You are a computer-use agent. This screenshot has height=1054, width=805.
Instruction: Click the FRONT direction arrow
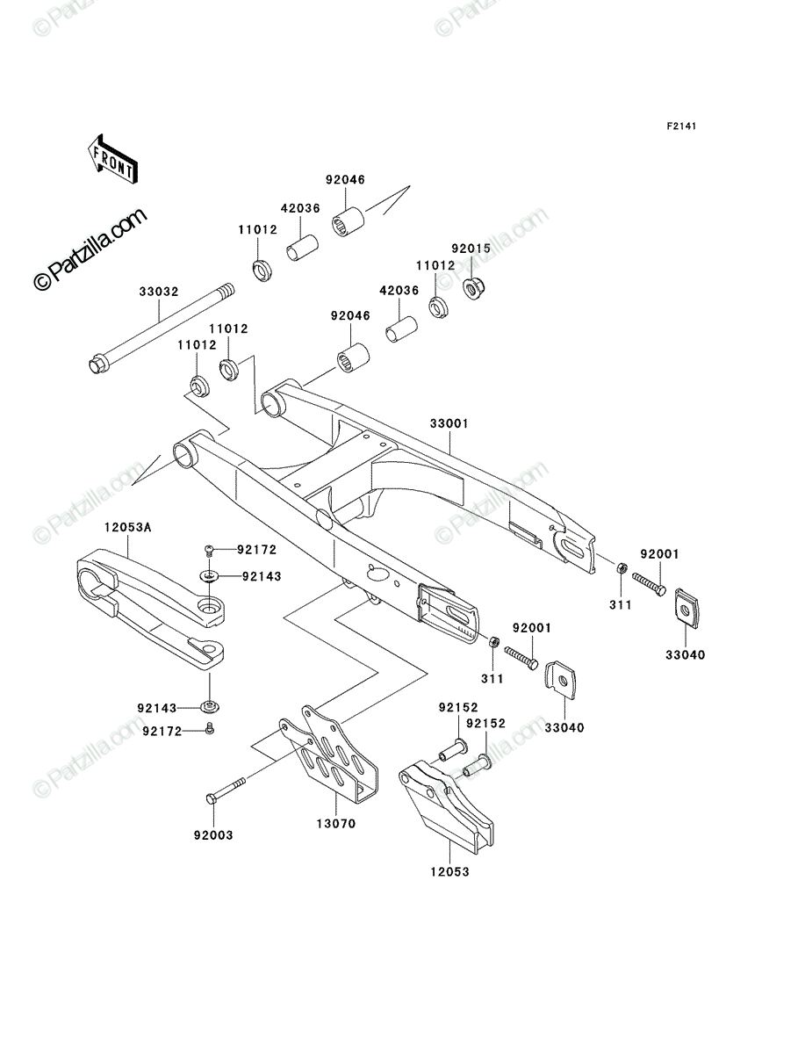112,159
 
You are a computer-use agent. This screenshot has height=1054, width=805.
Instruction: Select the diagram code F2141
681,126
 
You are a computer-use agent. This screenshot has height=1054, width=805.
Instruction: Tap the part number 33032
159,292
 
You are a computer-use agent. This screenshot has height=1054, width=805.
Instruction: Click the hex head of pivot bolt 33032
97,365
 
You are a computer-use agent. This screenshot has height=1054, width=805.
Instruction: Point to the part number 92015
471,249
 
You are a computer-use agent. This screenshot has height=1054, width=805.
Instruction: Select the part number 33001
449,423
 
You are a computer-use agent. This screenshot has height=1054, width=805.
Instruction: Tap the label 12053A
127,528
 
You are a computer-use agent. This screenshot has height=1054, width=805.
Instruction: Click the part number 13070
336,824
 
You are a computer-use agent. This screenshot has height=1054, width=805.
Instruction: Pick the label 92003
213,835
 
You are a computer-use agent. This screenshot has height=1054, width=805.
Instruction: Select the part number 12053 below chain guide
449,871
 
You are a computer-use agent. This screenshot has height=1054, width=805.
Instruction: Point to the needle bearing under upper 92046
349,223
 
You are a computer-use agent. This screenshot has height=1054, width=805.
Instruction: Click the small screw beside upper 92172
209,551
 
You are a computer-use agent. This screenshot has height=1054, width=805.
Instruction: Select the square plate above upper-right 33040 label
686,608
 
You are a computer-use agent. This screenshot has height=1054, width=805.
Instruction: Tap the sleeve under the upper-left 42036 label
303,248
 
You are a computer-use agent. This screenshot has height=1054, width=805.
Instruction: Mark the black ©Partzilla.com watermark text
90,249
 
